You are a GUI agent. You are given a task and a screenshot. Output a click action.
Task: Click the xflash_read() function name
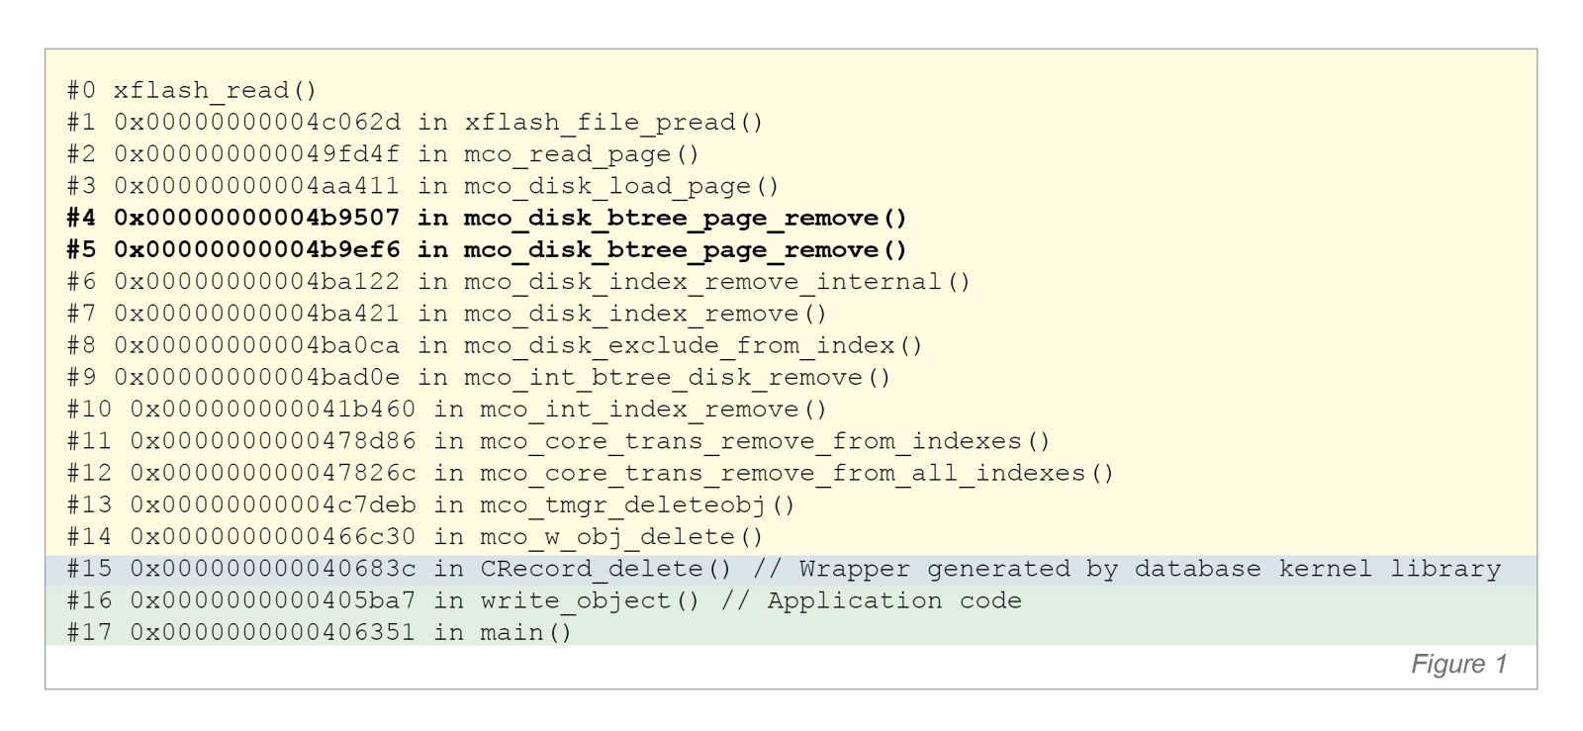(215, 90)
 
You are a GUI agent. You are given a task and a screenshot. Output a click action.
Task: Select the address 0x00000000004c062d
(257, 123)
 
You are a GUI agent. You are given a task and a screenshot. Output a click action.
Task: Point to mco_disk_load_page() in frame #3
(621, 186)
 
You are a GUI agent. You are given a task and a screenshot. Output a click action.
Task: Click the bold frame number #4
(83, 218)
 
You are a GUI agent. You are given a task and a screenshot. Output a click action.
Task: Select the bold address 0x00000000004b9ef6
(257, 249)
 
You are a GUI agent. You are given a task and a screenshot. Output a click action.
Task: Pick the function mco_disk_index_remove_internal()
(717, 282)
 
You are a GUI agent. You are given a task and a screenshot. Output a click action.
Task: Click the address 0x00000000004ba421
(257, 314)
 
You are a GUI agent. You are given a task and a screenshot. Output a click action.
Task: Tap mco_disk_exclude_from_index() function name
(693, 345)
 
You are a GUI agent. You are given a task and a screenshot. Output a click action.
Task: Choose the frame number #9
(83, 377)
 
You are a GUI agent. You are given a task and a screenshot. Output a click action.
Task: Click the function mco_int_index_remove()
(653, 410)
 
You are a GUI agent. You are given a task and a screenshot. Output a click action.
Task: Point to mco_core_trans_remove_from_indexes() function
(765, 441)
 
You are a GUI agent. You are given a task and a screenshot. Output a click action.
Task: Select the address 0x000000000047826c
(273, 473)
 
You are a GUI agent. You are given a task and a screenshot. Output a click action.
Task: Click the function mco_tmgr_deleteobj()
(637, 504)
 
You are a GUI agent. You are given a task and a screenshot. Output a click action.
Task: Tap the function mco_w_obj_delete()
(621, 537)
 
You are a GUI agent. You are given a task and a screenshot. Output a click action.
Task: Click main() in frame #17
(525, 632)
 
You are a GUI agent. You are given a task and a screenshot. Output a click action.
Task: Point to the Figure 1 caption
(1458, 664)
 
